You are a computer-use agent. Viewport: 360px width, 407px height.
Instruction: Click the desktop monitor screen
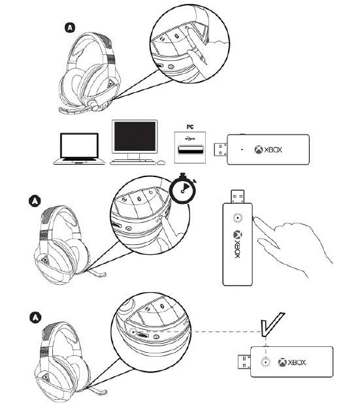pos(135,139)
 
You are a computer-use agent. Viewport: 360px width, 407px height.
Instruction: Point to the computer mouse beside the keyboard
pos(161,161)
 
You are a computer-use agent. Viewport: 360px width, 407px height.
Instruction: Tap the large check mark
pos(270,326)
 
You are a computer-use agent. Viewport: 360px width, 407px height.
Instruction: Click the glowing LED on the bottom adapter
pos(265,361)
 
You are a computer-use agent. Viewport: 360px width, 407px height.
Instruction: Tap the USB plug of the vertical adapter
pos(237,194)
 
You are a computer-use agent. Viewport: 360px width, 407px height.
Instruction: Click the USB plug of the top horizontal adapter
pos(210,150)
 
